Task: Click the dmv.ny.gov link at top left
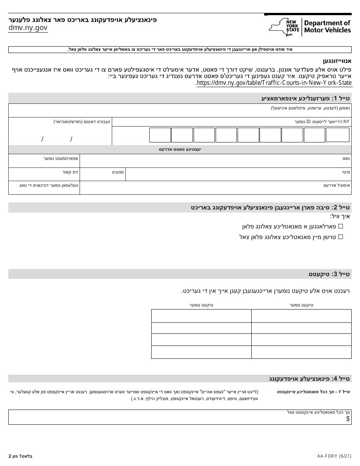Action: pos(28,28)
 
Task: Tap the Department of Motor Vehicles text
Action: pos(327,27)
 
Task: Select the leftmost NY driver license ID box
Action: pos(160,134)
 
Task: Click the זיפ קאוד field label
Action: pos(70,172)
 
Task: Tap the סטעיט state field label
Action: pos(118,172)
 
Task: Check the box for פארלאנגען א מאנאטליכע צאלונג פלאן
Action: pos(340,226)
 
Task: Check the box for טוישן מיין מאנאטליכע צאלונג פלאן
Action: pos(340,237)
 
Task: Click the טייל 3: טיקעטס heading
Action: pos(329,274)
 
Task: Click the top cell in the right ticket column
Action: pos(301,316)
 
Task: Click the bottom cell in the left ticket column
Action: pos(201,352)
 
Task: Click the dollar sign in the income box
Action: pos(347,419)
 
